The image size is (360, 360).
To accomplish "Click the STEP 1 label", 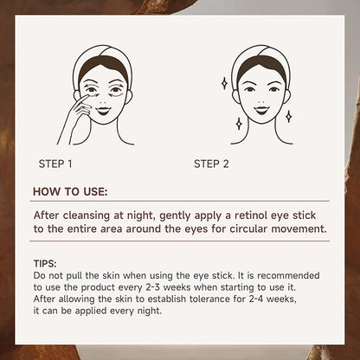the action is [55, 164].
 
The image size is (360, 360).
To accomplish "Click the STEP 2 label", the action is [211, 164].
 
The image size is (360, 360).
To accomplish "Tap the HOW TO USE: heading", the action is [70, 192].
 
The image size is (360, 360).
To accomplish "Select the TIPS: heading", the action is [45, 264].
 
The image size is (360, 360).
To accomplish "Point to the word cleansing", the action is [87, 216].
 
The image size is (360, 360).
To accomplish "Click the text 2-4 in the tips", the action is [255, 299].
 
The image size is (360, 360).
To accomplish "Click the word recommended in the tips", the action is [288, 275].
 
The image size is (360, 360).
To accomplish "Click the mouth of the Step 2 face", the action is [261, 110].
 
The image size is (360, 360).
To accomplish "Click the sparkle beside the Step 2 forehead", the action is [224, 83].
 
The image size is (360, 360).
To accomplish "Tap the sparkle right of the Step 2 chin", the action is [288, 116].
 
